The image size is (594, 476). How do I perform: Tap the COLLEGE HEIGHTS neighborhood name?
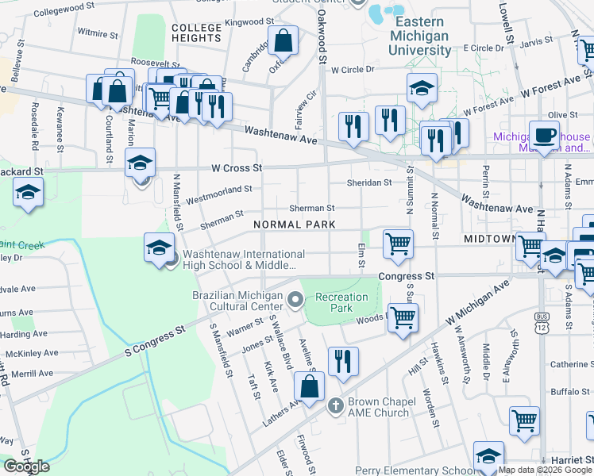[196, 33]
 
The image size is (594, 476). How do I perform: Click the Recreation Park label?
[341, 302]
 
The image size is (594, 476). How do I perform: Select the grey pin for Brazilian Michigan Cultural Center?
[295, 299]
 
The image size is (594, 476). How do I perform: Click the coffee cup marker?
[544, 135]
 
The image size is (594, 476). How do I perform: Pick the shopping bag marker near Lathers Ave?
[309, 387]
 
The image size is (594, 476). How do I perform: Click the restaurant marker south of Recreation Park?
[343, 361]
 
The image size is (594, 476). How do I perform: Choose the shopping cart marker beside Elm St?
[398, 244]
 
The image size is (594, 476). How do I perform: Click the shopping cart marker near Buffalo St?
[524, 420]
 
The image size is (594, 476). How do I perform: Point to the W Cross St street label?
[237, 168]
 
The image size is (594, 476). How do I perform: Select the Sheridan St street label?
[369, 182]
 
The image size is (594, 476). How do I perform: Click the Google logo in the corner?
[26, 466]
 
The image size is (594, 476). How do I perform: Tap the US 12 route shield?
[541, 326]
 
